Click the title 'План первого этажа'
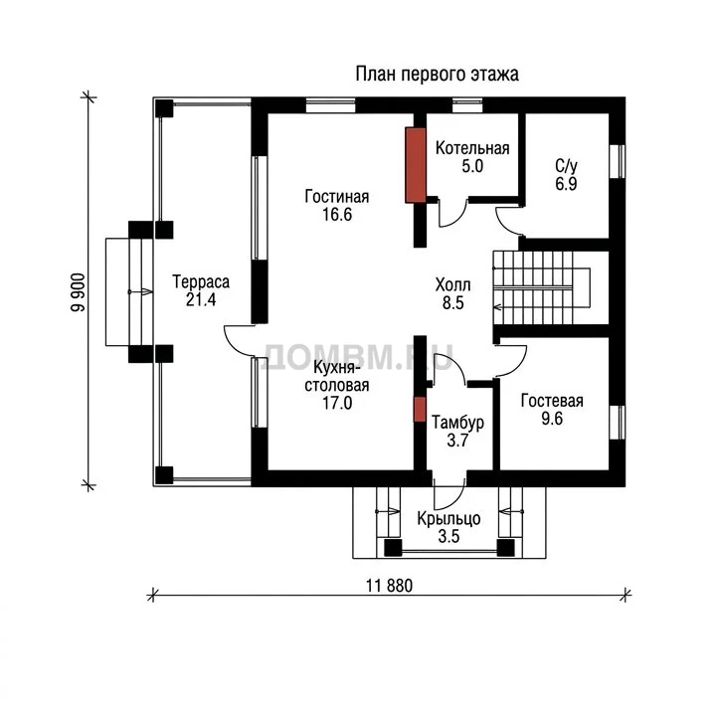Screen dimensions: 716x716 click(x=437, y=75)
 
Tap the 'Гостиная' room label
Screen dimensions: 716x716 click(x=336, y=196)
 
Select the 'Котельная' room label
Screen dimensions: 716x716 click(x=472, y=148)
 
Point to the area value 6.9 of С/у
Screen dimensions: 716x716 click(x=566, y=184)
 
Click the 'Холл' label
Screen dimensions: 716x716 click(x=452, y=285)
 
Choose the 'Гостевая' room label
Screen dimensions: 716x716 click(x=552, y=401)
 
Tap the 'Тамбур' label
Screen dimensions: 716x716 click(x=457, y=423)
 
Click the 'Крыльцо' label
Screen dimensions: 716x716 click(x=448, y=519)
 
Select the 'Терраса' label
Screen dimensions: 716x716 click(x=201, y=281)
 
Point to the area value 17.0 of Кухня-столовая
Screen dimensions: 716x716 click(x=337, y=403)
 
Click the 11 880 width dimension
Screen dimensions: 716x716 click(x=389, y=586)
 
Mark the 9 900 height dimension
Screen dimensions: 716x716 click(x=79, y=292)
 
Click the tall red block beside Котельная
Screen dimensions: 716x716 click(x=416, y=165)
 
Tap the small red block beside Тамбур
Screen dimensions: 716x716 click(x=420, y=409)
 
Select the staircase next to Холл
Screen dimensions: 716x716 click(x=541, y=287)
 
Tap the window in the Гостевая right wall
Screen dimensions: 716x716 click(x=618, y=423)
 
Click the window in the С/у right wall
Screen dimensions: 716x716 click(x=618, y=162)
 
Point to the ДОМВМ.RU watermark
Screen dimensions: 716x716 click(x=359, y=357)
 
